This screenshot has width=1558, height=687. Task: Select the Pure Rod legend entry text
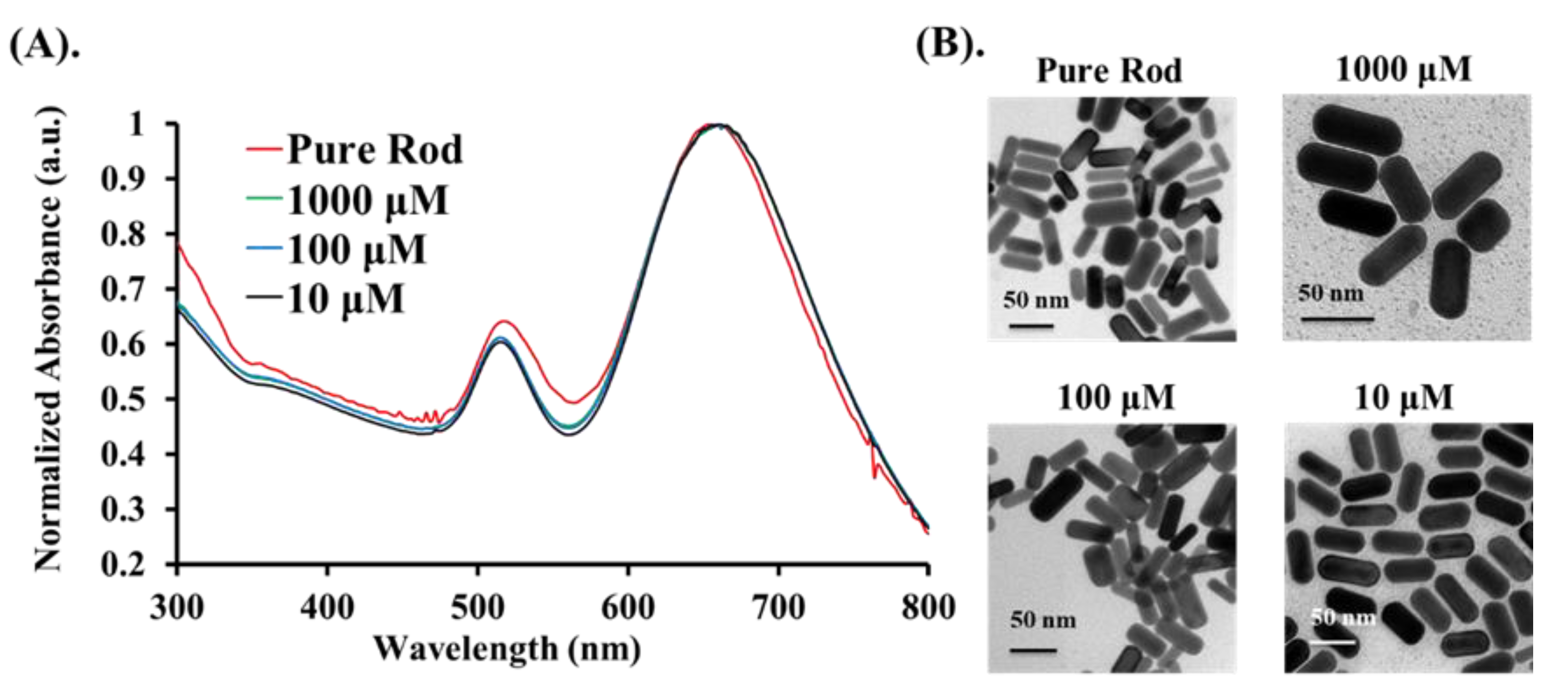coord(374,149)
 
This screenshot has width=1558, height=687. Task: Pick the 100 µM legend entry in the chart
coord(356,250)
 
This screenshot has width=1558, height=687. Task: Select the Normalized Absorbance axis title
coord(48,339)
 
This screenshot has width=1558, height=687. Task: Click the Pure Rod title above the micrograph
coord(1109,71)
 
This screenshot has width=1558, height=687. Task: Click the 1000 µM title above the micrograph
coord(1403,70)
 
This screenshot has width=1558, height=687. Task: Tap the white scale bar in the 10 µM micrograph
coord(1332,642)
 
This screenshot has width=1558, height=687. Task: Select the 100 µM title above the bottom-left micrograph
coord(1116,398)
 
